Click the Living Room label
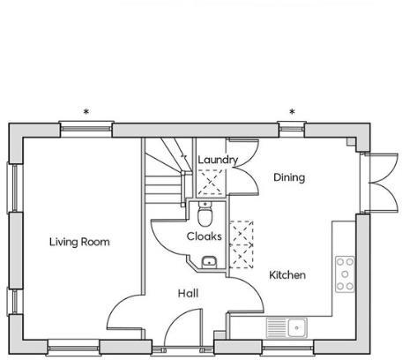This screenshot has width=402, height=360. tap(79, 241)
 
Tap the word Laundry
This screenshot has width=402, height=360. tap(218, 159)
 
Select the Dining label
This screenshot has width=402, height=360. tap(288, 177)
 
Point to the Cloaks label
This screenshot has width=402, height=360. tap(204, 236)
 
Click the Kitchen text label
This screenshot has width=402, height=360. tap(287, 275)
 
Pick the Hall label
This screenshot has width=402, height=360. tap(188, 293)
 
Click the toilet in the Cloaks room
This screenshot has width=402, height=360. tap(205, 214)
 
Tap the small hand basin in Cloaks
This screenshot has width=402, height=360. tap(208, 261)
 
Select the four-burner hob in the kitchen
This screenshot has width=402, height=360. tap(345, 274)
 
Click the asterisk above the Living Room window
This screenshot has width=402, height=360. tap(86, 112)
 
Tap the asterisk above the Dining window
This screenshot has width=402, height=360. tap(291, 112)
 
